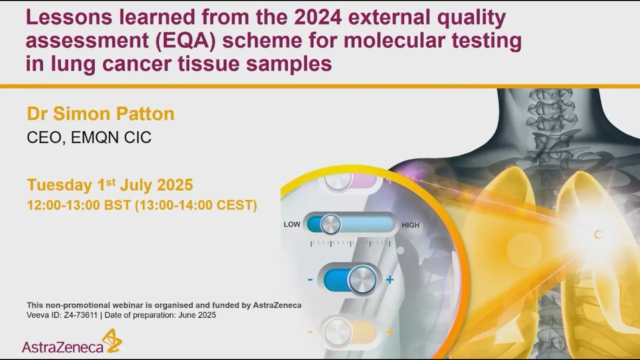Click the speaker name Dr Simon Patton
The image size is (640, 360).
tap(100, 114)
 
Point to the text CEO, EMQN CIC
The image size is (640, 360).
tap(89, 137)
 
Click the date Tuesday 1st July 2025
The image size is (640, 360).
tap(110, 185)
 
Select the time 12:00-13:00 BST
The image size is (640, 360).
tap(79, 205)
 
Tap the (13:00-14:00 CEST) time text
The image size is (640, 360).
tap(196, 205)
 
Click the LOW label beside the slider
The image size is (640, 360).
tap(292, 224)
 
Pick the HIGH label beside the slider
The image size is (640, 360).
tap(410, 225)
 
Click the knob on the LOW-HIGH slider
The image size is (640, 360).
tap(330, 224)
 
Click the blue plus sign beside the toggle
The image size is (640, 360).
tap(390, 279)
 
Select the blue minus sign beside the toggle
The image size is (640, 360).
tap(310, 279)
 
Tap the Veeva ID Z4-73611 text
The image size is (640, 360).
tap(62, 315)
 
